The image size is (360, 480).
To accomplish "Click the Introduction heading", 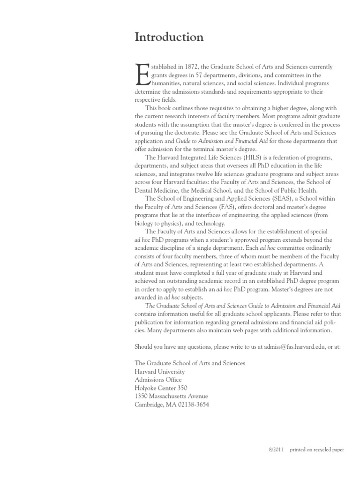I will tap(169, 37).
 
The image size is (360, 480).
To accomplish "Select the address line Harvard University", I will tap(159, 372).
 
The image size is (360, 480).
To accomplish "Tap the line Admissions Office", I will tap(158, 380).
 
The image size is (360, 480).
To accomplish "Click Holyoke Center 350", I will tap(161, 388).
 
